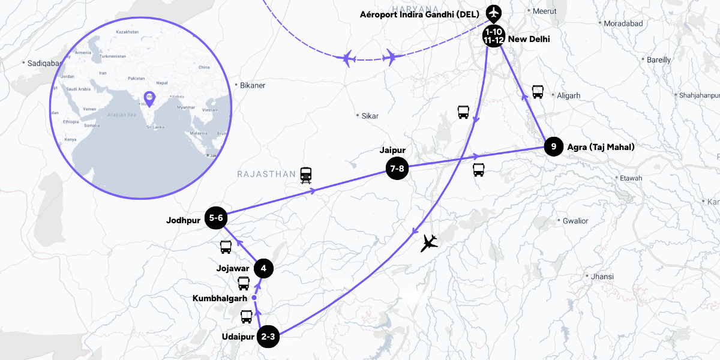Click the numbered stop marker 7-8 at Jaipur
click(397, 169)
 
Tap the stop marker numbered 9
click(554, 146)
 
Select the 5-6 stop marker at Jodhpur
click(216, 219)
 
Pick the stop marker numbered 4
click(263, 268)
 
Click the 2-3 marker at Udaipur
click(268, 337)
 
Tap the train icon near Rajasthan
click(307, 175)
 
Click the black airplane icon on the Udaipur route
click(429, 242)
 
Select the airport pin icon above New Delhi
click(494, 12)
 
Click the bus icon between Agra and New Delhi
click(538, 92)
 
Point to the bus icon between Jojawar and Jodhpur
click(226, 247)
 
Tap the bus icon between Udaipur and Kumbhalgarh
click(247, 316)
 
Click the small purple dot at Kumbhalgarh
click(254, 298)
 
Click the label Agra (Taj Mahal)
click(601, 146)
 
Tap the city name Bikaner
click(252, 85)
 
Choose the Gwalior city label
click(575, 221)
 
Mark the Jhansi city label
click(602, 277)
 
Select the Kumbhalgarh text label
click(220, 298)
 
